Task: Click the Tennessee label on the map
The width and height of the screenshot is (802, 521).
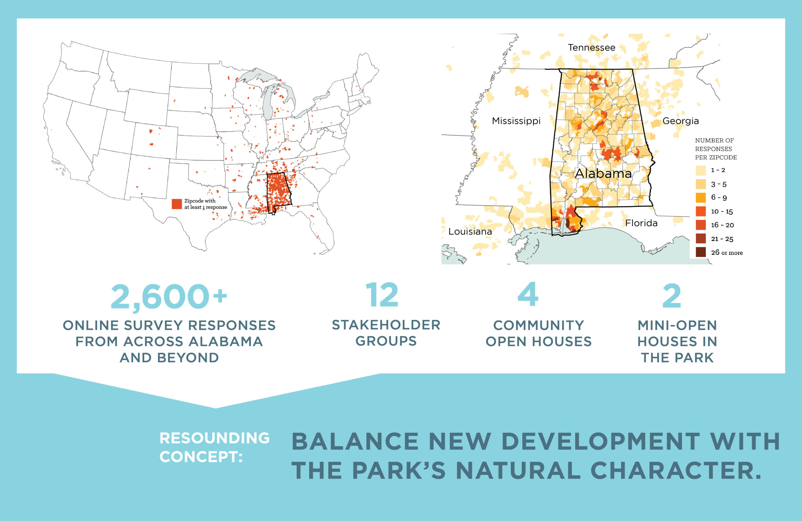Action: pyautogui.click(x=591, y=48)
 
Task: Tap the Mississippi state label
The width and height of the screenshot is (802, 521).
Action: pyautogui.click(x=516, y=121)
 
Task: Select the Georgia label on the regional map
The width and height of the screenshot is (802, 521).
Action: pyautogui.click(x=681, y=121)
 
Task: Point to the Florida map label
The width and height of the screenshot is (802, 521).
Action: pyautogui.click(x=641, y=223)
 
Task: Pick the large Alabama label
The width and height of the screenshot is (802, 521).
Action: pyautogui.click(x=603, y=173)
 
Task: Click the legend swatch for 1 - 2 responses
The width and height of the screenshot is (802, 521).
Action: pyautogui.click(x=700, y=170)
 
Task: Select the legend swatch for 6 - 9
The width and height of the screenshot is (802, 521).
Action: pyautogui.click(x=700, y=198)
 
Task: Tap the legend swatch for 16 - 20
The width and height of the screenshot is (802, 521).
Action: pyautogui.click(x=700, y=225)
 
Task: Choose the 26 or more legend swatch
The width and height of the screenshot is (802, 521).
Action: pyautogui.click(x=700, y=252)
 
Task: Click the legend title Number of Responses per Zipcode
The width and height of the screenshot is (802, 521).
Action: pyautogui.click(x=716, y=149)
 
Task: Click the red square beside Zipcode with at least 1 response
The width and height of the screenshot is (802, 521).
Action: pyautogui.click(x=177, y=204)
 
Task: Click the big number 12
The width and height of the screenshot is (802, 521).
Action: pyautogui.click(x=382, y=295)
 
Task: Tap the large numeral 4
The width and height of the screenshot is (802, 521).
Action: pyautogui.click(x=528, y=294)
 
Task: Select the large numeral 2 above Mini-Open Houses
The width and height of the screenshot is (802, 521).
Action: pyautogui.click(x=672, y=296)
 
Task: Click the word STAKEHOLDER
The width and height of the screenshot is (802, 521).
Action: pyautogui.click(x=386, y=325)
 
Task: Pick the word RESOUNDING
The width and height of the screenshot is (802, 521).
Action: pyautogui.click(x=215, y=438)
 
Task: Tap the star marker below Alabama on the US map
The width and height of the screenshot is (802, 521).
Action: pyautogui.click(x=273, y=213)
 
